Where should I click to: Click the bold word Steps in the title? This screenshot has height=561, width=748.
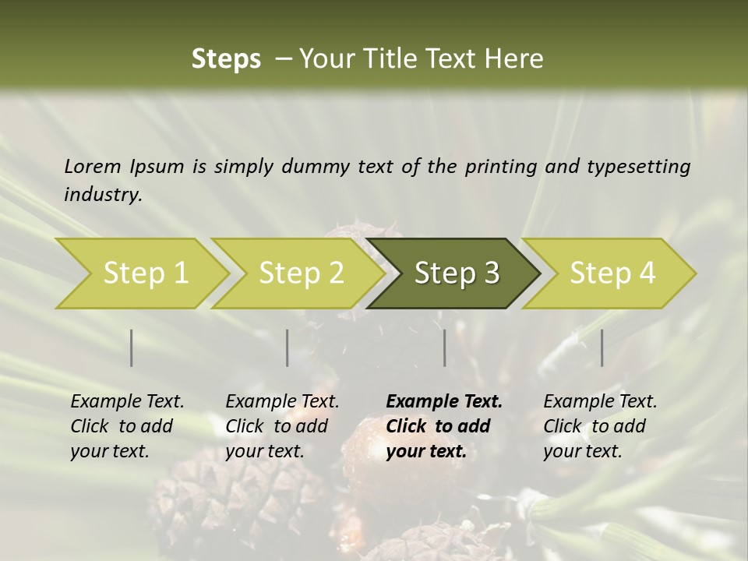(226, 59)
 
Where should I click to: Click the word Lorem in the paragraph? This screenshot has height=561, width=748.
(93, 166)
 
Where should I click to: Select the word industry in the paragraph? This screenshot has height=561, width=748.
(102, 195)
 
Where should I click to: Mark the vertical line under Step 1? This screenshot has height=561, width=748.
(132, 348)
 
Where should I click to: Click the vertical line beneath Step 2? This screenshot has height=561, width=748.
(288, 348)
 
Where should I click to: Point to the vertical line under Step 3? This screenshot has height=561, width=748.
(445, 348)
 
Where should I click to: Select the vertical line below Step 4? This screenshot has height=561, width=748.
(602, 348)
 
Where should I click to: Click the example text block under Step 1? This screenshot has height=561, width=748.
(127, 426)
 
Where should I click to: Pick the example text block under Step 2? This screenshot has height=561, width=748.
(282, 426)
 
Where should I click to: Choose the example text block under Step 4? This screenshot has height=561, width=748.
(600, 426)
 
